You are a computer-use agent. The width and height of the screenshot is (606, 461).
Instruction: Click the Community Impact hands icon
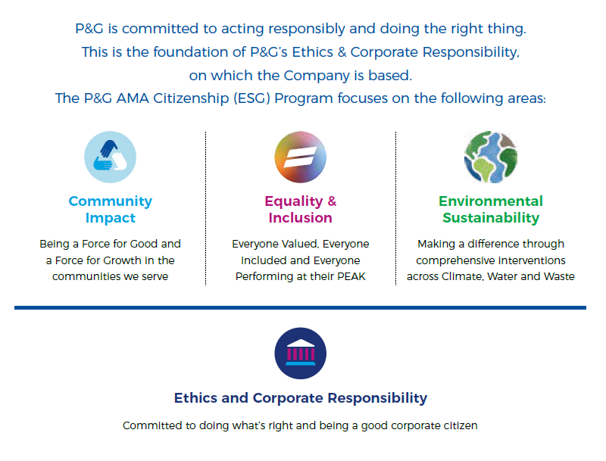(110, 157)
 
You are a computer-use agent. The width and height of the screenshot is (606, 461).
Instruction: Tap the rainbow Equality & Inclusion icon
(300, 157)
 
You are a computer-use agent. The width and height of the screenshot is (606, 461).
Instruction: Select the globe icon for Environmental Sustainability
(490, 157)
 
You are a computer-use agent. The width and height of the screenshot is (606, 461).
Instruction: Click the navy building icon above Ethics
(300, 354)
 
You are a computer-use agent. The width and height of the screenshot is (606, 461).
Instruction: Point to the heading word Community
(110, 201)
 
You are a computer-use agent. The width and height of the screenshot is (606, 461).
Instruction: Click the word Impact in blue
(110, 218)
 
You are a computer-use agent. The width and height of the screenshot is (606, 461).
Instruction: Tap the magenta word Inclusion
(300, 218)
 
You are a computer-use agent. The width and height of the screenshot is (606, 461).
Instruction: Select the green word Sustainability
(491, 218)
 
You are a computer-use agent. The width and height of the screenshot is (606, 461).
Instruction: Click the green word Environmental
(491, 201)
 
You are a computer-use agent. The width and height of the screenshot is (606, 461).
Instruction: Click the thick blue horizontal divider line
(300, 308)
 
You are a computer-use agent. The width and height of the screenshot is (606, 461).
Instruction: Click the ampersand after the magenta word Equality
(332, 201)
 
